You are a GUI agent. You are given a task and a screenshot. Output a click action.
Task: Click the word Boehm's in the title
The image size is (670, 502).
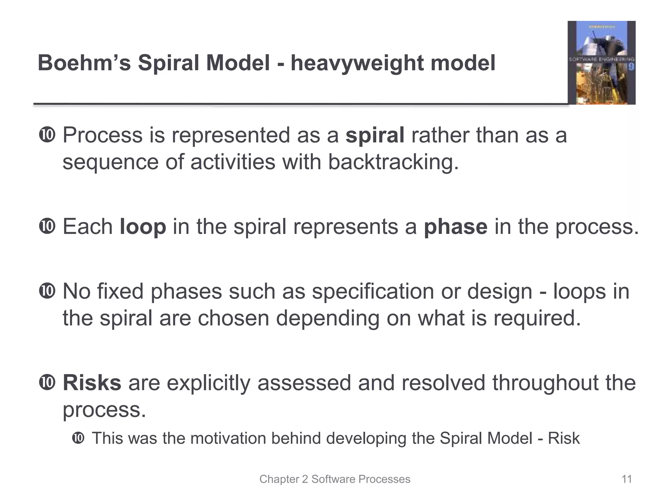pos(84,63)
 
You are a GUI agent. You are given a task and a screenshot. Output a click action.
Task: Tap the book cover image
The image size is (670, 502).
pos(601,63)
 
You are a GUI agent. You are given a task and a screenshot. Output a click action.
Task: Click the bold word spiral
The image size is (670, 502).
pos(375,136)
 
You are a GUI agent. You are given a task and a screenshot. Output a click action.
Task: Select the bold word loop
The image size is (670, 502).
pos(143,226)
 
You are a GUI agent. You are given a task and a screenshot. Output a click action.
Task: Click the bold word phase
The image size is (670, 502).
pos(455,226)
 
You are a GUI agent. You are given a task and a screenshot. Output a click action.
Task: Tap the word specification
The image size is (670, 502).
pos(373,292)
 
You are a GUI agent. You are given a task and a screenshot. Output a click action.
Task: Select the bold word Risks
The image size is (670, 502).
pos(92,383)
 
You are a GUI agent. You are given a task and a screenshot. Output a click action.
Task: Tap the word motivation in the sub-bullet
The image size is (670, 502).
pos(228,438)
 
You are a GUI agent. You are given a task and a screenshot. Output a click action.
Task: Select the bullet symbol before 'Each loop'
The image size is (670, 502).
pos(47,226)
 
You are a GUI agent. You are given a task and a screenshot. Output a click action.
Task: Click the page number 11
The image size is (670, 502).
pos(626,479)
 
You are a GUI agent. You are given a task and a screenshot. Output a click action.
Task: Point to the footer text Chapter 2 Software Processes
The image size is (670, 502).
pos(335,479)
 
